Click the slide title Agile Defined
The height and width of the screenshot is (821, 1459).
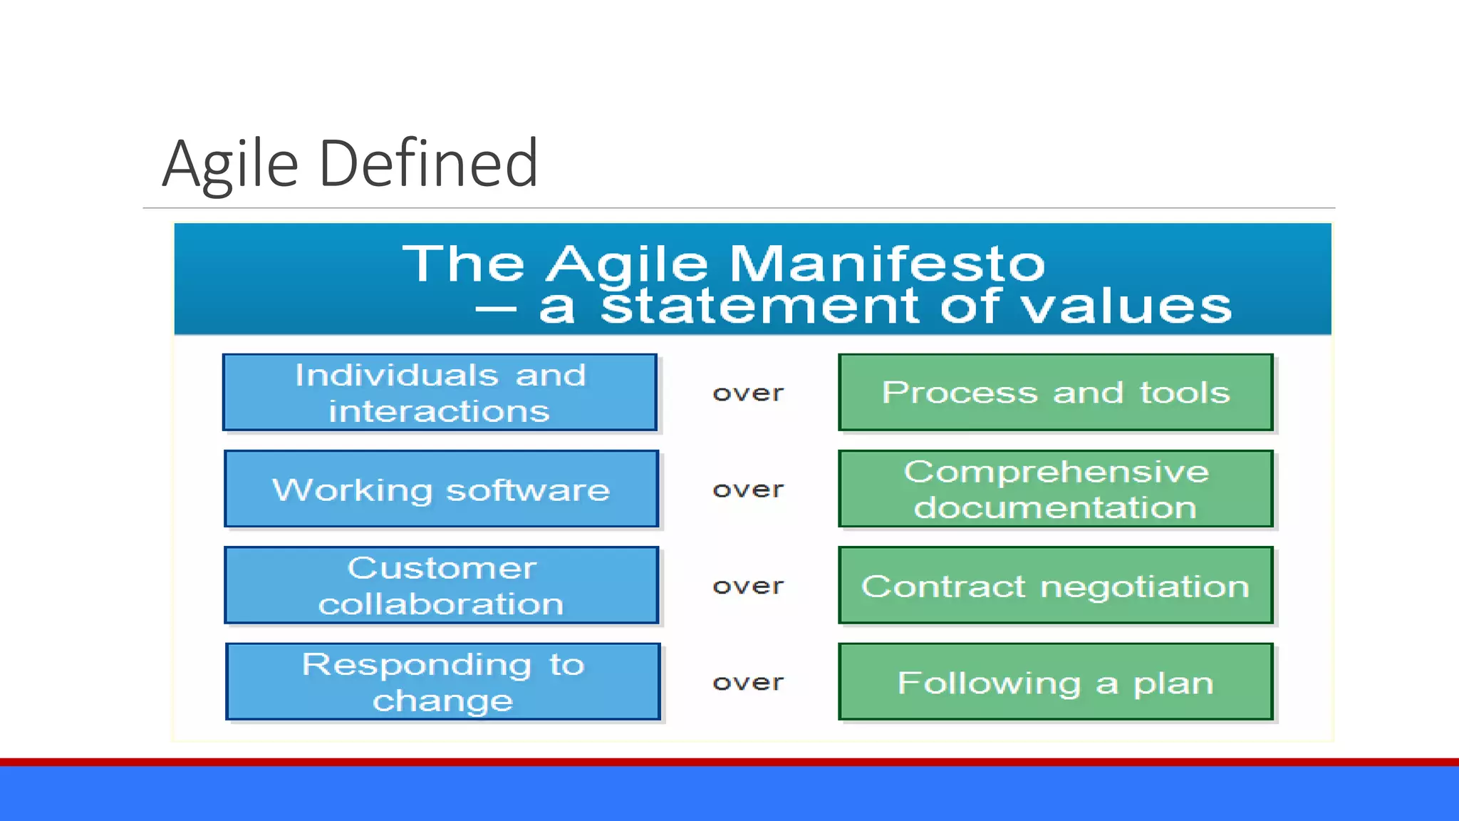pos(350,164)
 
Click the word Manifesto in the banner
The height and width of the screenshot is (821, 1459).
pos(887,264)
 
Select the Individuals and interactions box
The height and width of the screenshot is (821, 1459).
pos(440,393)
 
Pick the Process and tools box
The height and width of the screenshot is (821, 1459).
pos(1055,393)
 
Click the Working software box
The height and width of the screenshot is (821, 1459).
pos(441,490)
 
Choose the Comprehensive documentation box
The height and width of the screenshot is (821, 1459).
pos(1055,490)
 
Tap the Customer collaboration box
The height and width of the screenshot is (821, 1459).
pos(441,586)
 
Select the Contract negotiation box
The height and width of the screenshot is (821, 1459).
pos(1055,586)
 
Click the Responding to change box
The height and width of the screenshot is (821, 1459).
pos(442,682)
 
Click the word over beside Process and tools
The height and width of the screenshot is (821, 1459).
pos(748,393)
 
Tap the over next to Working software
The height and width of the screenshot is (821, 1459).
pos(748,490)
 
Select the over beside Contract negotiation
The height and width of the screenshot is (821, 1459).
pos(748,586)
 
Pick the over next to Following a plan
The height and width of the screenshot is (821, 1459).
pos(748,683)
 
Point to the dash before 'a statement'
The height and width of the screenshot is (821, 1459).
pos(496,309)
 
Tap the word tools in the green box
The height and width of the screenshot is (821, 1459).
pos(1185,393)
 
